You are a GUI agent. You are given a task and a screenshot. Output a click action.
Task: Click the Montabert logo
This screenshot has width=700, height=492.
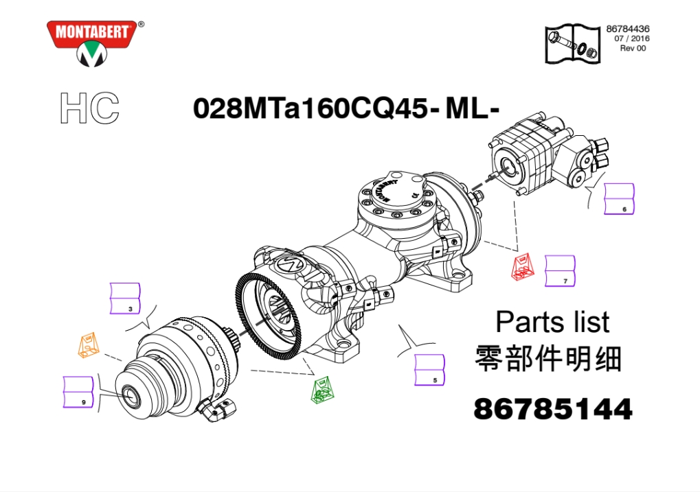tap(94, 43)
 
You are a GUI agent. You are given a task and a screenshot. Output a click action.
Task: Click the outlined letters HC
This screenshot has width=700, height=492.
tap(90, 108)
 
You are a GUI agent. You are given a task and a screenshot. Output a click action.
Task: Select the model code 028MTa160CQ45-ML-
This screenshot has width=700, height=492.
tap(346, 108)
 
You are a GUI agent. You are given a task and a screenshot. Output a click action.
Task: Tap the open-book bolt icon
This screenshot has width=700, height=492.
tap(573, 44)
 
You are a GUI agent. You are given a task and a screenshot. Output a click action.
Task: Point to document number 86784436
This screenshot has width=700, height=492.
tap(628, 29)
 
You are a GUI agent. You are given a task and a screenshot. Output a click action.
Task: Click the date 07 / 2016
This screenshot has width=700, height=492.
tap(632, 39)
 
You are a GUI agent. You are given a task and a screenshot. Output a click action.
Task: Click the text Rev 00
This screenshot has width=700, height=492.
tap(633, 48)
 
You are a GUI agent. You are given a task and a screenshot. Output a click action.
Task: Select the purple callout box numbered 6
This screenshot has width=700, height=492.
tap(619, 198)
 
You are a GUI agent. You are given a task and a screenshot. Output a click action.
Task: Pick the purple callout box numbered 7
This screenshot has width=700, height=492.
tap(561, 271)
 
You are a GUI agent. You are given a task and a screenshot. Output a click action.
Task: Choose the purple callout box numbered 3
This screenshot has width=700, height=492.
tap(125, 298)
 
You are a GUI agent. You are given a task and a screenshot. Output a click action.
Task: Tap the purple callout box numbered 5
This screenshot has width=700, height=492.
tap(429, 370)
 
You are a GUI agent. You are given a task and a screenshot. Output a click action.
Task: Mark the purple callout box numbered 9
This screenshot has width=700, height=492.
tap(78, 392)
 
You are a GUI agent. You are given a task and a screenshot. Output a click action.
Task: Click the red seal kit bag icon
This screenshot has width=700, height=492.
tap(523, 267)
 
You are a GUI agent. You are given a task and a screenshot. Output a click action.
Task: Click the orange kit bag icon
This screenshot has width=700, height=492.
tap(89, 344)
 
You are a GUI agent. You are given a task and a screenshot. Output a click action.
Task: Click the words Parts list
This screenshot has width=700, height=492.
tap(552, 322)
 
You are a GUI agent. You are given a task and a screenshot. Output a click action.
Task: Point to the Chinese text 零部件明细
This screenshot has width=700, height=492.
tap(547, 358)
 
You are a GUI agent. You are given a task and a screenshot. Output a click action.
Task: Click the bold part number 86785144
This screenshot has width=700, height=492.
tap(553, 409)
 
